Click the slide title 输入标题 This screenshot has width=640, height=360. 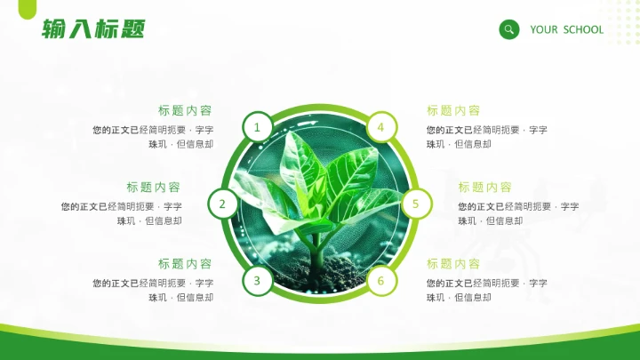pos(92,30)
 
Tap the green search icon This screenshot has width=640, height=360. pos(509,29)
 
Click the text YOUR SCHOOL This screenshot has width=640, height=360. pos(566,29)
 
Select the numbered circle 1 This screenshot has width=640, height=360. pos(257,127)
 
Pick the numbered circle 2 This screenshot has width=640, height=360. pos(222,204)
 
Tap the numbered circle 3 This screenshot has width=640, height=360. pos(257,281)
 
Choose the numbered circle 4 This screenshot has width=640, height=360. pos(380,127)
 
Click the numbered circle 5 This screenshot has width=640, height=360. pos(415,204)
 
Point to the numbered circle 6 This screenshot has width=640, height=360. pos(380,281)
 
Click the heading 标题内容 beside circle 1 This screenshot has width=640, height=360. pos(185,111)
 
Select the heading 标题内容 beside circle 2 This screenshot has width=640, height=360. pos(153,188)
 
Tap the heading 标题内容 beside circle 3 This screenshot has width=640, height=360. pos(185,264)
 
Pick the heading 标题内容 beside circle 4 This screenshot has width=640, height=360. pos(453,111)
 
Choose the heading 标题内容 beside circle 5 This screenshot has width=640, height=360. pos(485,188)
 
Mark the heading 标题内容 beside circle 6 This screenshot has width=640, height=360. pos(453,264)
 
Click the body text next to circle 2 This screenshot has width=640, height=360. pos(122,213)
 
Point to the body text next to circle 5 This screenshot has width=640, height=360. pos(518,213)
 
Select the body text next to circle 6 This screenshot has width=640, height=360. pos(486,290)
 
